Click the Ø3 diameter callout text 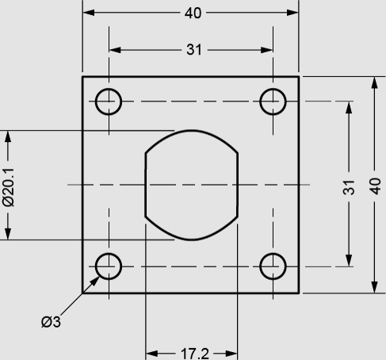pyautogui.click(x=51, y=322)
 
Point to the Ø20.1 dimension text pyautogui.click(x=9, y=187)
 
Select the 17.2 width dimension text pyautogui.click(x=195, y=354)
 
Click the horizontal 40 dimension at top pyautogui.click(x=193, y=13)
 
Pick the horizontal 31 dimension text pyautogui.click(x=194, y=50)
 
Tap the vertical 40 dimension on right pyautogui.click(x=375, y=186)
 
